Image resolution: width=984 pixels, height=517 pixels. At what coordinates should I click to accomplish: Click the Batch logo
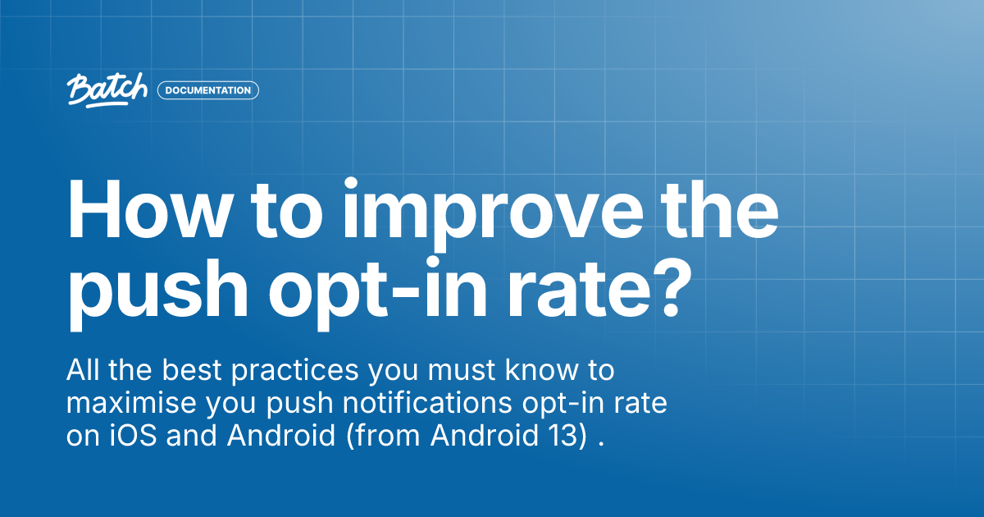tap(107, 89)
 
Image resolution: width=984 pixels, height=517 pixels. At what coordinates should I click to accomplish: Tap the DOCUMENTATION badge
tap(207, 90)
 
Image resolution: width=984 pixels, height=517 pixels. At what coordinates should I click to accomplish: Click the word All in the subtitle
tap(84, 371)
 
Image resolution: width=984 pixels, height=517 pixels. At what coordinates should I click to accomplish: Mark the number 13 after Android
tap(571, 437)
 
